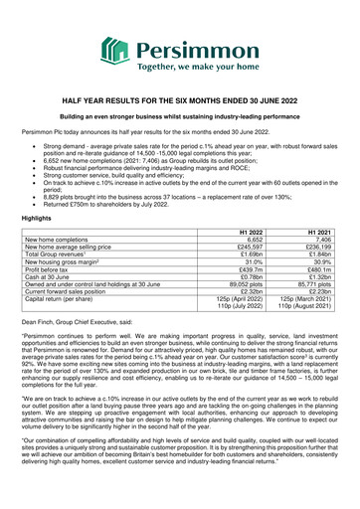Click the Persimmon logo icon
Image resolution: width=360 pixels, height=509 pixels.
pyautogui.click(x=117, y=46)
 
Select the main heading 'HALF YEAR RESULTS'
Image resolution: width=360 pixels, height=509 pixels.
pyautogui.click(x=180, y=101)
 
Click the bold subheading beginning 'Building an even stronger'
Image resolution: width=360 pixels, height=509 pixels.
pyautogui.click(x=180, y=117)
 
